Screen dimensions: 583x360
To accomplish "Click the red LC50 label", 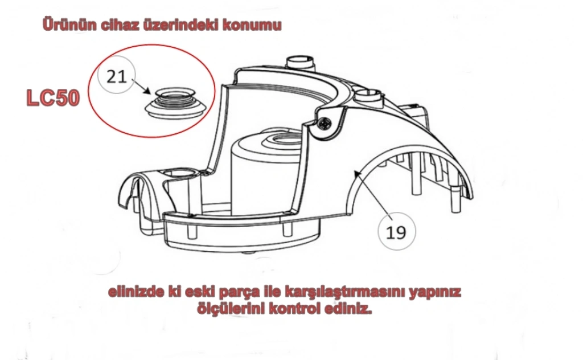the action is click(53, 98).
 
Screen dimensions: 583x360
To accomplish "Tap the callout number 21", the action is click(117, 77).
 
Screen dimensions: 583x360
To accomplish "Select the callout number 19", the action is click(396, 232).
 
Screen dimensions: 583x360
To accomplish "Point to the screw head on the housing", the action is click(325, 122).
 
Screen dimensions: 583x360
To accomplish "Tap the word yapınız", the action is click(436, 292).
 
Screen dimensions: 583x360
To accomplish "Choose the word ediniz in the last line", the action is click(348, 309).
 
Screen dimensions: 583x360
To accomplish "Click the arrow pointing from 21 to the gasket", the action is click(141, 87).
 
